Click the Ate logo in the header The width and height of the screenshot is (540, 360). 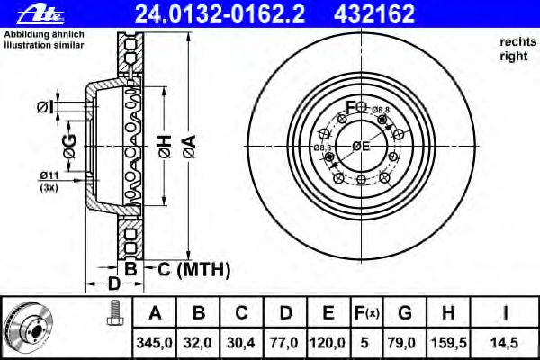pos(40,14)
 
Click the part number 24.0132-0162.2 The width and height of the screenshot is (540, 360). pos(220,13)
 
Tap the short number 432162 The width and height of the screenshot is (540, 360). pos(374,13)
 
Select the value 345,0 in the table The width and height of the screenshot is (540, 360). pos(155,343)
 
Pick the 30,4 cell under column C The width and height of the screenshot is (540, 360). pos(241,343)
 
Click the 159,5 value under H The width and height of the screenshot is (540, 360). pos(449,343)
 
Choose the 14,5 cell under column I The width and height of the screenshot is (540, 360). pos(505,343)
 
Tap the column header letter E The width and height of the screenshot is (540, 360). pos(328,312)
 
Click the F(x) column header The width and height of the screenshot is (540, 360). pos(366,313)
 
